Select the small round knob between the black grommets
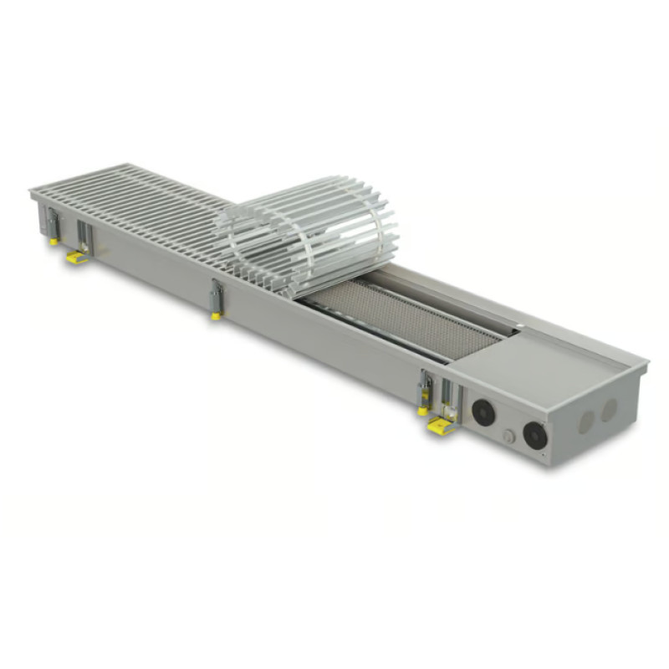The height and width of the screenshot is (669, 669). pos(508,436)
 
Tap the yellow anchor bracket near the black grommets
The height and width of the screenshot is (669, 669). pos(441,426)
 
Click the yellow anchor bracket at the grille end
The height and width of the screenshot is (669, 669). pos(78,257)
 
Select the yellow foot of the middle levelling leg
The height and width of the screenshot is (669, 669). pos(216,316)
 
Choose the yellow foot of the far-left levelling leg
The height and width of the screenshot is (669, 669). pos(54,241)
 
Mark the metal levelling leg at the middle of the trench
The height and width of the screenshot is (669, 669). pos(217,297)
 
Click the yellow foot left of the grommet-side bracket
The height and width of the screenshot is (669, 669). pos(423,411)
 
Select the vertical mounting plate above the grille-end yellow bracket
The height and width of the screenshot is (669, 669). pos(83,235)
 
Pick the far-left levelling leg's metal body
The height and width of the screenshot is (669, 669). pos(53,223)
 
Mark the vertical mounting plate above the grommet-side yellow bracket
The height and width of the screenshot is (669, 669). pos(447,396)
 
